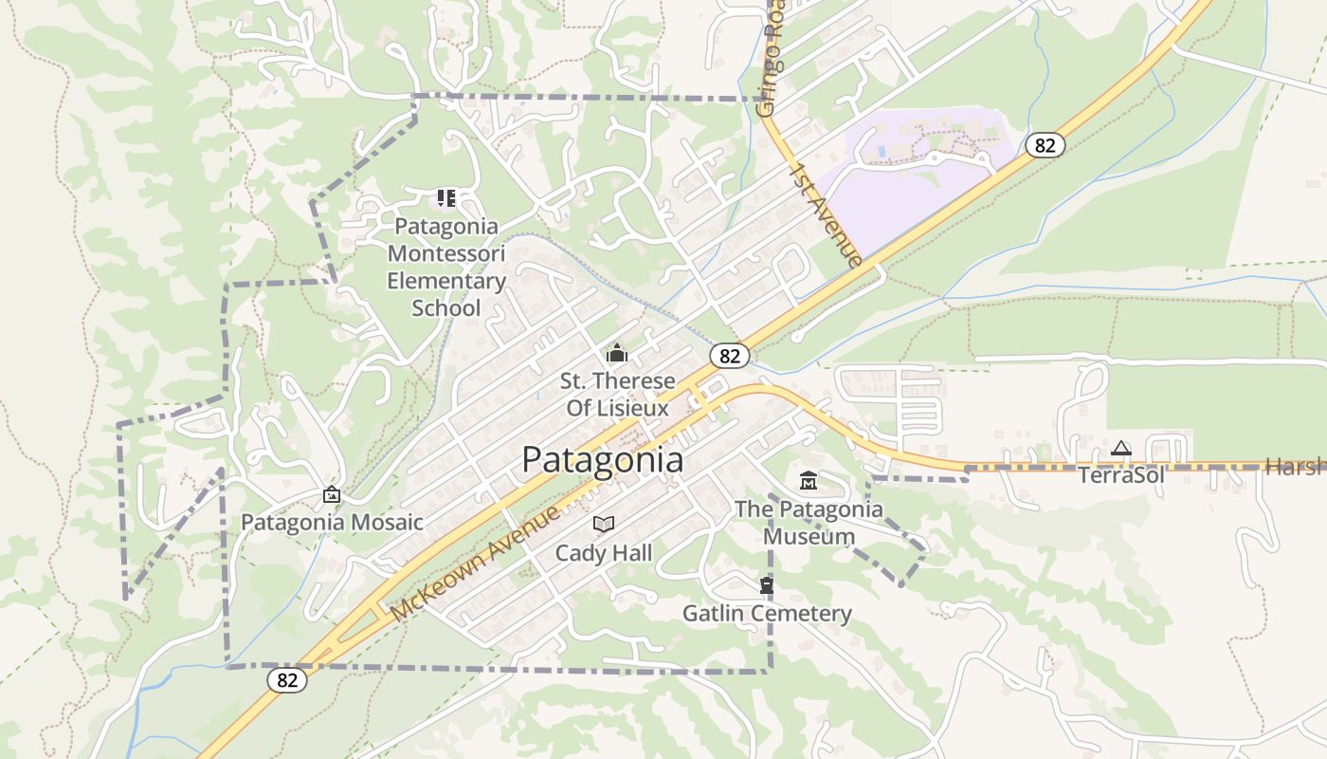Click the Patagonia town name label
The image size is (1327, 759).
pyautogui.click(x=602, y=460)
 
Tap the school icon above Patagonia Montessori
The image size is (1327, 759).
pyautogui.click(x=445, y=198)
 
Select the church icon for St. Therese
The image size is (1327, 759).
pyautogui.click(x=617, y=353)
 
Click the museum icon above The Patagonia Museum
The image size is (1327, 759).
pyautogui.click(x=809, y=481)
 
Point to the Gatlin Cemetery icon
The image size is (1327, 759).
pyautogui.click(x=766, y=585)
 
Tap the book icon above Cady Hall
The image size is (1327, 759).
pyautogui.click(x=604, y=524)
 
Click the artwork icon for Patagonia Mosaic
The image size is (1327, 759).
pyautogui.click(x=331, y=494)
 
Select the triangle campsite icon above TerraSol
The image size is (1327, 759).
pyautogui.click(x=1121, y=448)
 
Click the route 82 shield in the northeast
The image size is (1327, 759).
pyautogui.click(x=1045, y=145)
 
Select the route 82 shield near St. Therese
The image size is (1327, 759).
pyautogui.click(x=730, y=356)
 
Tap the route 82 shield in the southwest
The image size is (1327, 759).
pyautogui.click(x=287, y=679)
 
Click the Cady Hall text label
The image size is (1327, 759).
pyautogui.click(x=604, y=552)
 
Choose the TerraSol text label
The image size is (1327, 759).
pyautogui.click(x=1120, y=475)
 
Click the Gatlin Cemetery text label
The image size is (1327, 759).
pyautogui.click(x=767, y=614)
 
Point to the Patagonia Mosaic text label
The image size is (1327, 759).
pyautogui.click(x=332, y=523)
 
